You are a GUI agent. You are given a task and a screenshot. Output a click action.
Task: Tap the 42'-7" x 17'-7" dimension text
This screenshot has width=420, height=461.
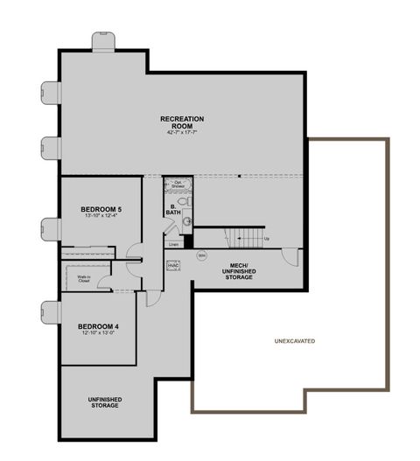[181, 133]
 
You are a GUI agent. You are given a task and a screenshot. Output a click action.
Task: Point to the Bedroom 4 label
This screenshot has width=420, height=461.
[97, 326]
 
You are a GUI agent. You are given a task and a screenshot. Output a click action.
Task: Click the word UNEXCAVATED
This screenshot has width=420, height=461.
[294, 340]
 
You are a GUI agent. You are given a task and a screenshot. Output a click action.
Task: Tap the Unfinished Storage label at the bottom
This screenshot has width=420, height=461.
[104, 402]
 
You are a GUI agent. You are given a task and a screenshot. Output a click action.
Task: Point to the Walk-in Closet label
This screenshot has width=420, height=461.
[73, 280]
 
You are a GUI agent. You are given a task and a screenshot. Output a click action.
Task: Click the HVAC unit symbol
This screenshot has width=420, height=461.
[172, 264]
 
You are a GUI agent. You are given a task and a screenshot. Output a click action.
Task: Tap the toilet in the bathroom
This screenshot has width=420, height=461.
[184, 200]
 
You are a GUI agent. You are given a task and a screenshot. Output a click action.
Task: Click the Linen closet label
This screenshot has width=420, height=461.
[173, 244]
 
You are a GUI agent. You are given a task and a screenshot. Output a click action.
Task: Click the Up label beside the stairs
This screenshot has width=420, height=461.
[267, 238]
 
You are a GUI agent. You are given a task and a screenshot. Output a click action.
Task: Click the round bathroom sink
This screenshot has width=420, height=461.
[187, 222]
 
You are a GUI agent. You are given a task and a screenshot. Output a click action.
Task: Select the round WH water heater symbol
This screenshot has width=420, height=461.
[201, 255]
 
